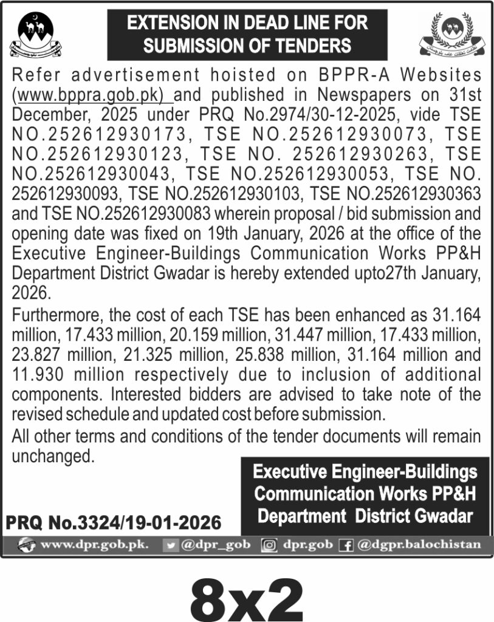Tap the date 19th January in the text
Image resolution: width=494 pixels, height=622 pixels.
tap(250, 233)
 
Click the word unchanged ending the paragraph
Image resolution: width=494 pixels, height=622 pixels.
tap(53, 456)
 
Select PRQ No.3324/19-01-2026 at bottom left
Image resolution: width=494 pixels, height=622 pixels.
tap(114, 522)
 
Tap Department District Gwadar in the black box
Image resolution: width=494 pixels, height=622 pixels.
tap(365, 516)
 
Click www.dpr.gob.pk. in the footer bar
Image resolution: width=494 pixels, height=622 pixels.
tap(94, 544)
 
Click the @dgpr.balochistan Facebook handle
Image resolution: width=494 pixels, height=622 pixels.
tap(419, 544)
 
